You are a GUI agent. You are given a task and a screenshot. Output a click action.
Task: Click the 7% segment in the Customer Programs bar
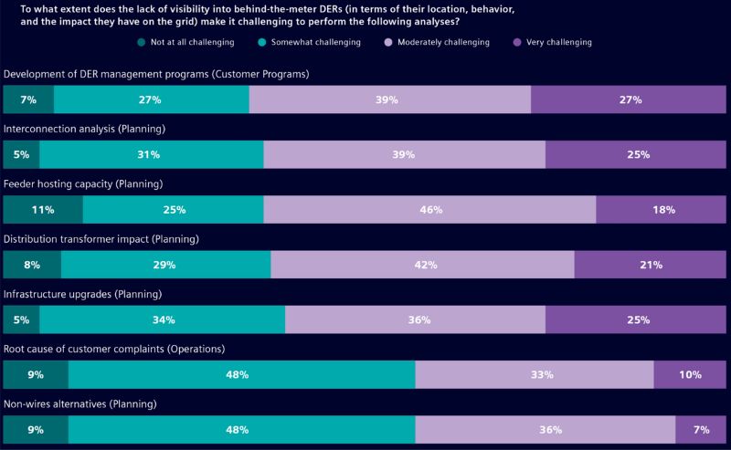click(x=28, y=100)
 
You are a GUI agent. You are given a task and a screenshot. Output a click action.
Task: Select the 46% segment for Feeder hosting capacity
click(x=429, y=210)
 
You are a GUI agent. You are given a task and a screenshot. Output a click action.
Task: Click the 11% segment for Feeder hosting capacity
click(x=43, y=210)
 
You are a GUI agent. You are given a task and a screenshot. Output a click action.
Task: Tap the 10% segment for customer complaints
click(x=690, y=374)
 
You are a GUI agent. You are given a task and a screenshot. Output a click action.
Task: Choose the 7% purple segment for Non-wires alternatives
click(x=701, y=429)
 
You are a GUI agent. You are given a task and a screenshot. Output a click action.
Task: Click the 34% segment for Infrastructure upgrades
click(x=163, y=319)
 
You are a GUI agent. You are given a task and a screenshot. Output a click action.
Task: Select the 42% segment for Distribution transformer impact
click(x=422, y=265)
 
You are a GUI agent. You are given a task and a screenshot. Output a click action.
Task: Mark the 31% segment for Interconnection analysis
click(x=152, y=155)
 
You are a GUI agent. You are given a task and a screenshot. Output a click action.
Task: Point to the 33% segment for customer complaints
click(x=535, y=374)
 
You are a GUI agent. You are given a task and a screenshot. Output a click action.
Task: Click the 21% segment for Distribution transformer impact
click(x=651, y=265)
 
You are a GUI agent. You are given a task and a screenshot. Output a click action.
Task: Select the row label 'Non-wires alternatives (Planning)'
click(x=82, y=403)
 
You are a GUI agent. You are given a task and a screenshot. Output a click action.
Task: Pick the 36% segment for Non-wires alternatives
click(x=546, y=429)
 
